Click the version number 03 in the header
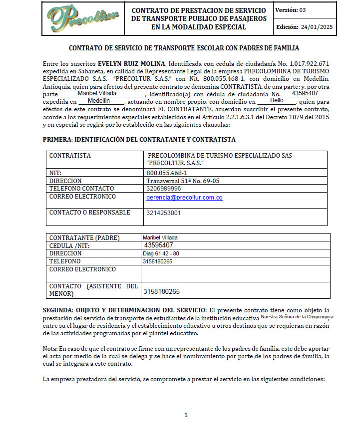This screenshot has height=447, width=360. pyautogui.click(x=303, y=10)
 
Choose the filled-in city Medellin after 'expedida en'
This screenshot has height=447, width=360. pyautogui.click(x=99, y=100)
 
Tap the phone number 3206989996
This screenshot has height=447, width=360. pyautogui.click(x=164, y=189)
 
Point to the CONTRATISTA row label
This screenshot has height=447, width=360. pyautogui.click(x=70, y=156)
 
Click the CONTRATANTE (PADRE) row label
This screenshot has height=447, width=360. pyautogui.click(x=84, y=238)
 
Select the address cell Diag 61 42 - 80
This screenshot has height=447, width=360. pyautogui.click(x=161, y=253)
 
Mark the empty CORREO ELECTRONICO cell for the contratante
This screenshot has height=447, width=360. pyautogui.click(x=235, y=273)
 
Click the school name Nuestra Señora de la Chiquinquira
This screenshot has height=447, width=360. pyautogui.click(x=297, y=317)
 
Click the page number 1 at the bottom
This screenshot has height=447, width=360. pyautogui.click(x=185, y=415)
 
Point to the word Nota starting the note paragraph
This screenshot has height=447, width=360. pyautogui.click(x=50, y=348)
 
